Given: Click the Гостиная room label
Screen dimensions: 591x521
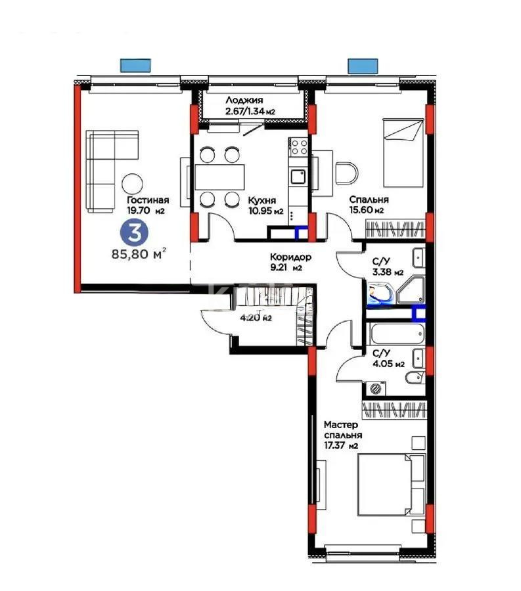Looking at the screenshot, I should [147, 200].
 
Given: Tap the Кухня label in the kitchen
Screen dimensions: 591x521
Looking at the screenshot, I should [262, 200].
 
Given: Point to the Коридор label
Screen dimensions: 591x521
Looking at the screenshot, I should [290, 257].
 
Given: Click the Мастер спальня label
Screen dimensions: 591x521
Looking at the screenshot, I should [343, 429].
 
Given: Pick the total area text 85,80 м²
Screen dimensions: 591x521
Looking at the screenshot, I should [139, 254].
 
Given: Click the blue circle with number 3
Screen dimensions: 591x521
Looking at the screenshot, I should [135, 232].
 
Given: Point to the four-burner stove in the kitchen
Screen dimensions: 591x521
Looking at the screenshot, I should [299, 147].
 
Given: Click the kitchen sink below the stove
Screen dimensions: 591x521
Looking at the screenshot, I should [298, 176].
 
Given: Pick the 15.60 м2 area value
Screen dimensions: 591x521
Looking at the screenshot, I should [366, 210].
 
